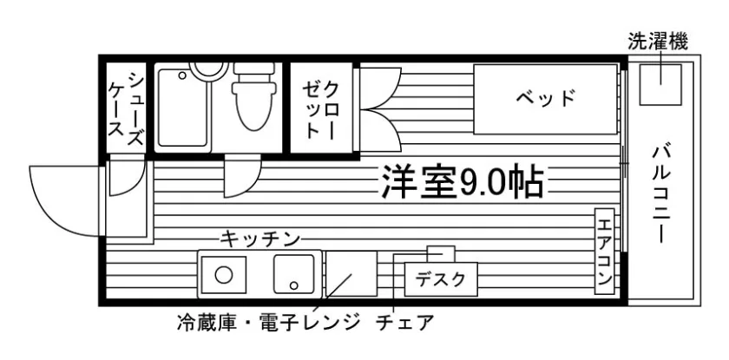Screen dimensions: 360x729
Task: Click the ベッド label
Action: coord(545,96)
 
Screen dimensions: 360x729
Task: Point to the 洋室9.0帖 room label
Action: coord(461,182)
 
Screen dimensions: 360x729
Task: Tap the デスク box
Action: coord(441,279)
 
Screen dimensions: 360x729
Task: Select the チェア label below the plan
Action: coord(404,324)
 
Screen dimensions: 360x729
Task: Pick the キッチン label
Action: coord(259,238)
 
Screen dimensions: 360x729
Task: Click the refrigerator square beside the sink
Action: coord(351,274)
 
